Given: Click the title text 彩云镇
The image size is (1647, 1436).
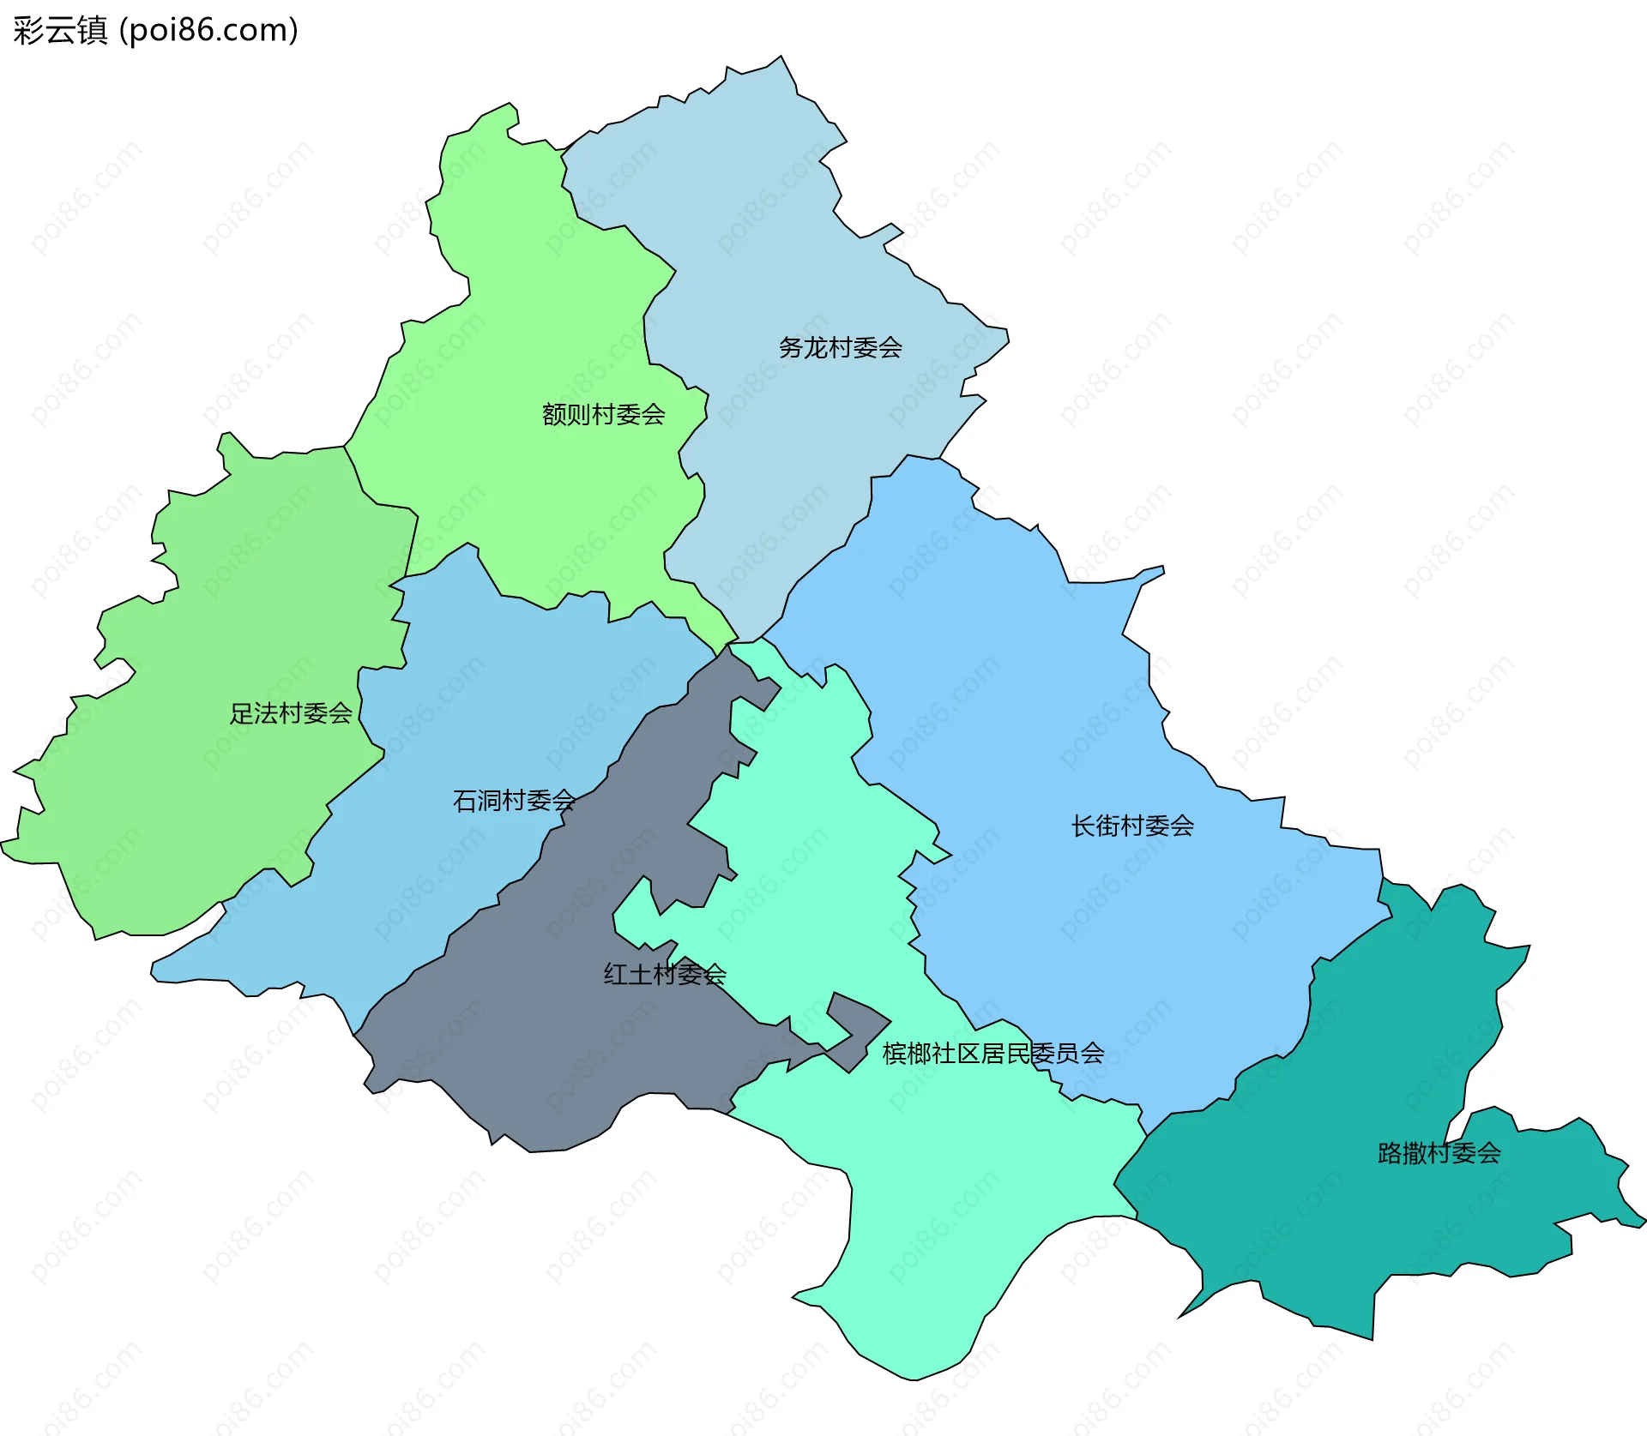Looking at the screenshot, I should pyautogui.click(x=60, y=30).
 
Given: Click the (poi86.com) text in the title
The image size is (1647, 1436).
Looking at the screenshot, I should pyautogui.click(x=208, y=30).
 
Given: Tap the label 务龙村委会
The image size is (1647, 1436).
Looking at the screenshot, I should pyautogui.click(x=840, y=347).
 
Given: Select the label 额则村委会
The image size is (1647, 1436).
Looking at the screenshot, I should pyautogui.click(x=603, y=414).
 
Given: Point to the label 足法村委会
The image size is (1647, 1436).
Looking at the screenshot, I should pyautogui.click(x=290, y=712).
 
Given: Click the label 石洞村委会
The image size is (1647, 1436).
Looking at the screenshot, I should pyautogui.click(x=513, y=800).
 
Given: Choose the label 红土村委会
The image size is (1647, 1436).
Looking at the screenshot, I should pyautogui.click(x=664, y=974).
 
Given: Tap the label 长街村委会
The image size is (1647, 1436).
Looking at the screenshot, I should pyautogui.click(x=1131, y=826).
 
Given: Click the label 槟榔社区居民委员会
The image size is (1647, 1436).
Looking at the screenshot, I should pyautogui.click(x=992, y=1053).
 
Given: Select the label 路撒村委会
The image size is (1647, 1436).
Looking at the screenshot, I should pyautogui.click(x=1439, y=1153).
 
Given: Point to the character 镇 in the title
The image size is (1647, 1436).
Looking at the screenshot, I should pyautogui.click(x=92, y=30).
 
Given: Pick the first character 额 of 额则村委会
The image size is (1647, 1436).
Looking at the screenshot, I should pyautogui.click(x=554, y=414).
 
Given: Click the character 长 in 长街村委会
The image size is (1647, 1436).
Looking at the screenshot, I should pyautogui.click(x=1083, y=826).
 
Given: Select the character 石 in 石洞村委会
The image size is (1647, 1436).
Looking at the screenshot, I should pyautogui.click(x=464, y=800).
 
